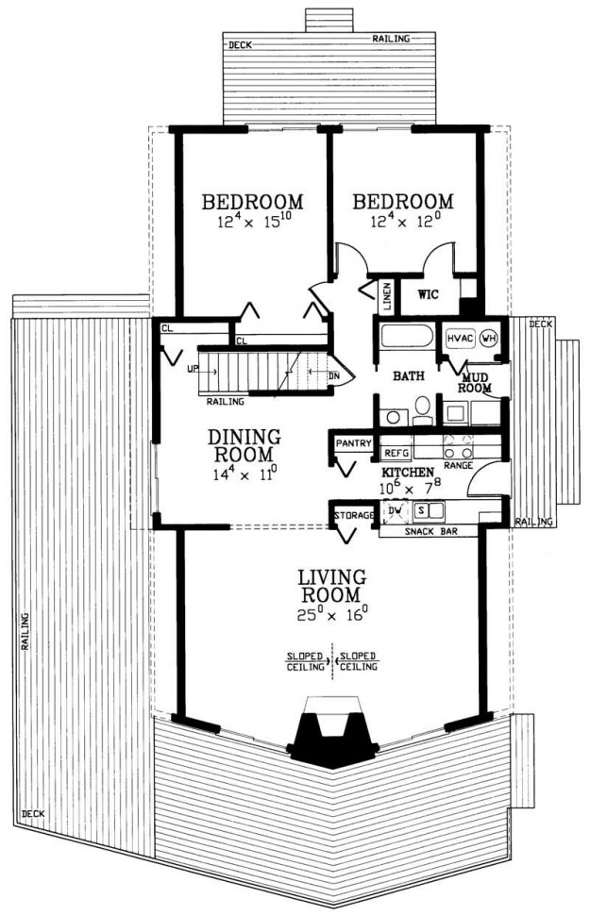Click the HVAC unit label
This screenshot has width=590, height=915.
[461, 339]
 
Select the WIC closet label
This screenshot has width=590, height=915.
[429, 294]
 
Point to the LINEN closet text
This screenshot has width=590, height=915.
[386, 296]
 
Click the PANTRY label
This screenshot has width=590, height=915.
[353, 443]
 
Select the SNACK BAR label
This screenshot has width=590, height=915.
[431, 532]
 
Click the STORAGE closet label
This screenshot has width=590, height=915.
[353, 515]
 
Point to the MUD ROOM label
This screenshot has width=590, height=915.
[474, 383]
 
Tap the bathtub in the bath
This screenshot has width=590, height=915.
[407, 337]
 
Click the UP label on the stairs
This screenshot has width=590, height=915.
[194, 369]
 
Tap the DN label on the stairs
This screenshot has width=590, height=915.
[333, 375]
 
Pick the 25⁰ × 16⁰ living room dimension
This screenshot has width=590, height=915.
[331, 615]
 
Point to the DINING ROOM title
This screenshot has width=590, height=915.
[244, 445]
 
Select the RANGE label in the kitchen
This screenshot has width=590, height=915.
[458, 466]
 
